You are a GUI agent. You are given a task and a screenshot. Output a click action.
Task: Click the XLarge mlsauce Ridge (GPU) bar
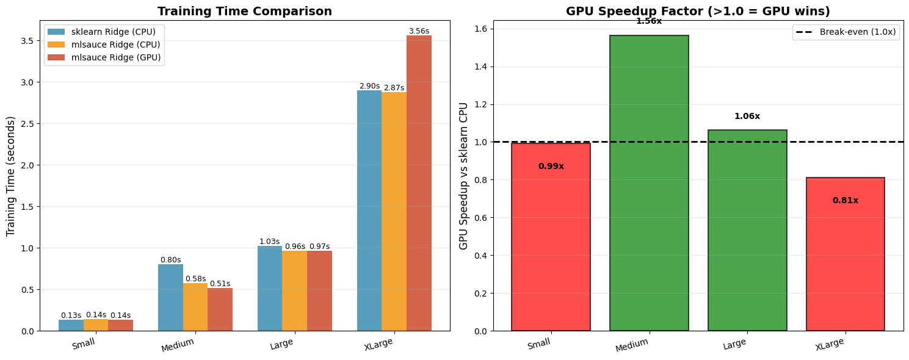[419, 183]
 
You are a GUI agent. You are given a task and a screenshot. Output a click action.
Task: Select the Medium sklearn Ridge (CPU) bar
[170, 298]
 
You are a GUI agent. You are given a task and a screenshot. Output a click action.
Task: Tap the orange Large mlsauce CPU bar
[294, 291]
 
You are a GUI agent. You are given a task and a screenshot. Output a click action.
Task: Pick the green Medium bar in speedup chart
[649, 183]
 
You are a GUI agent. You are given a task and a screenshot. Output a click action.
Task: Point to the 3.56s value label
[419, 31]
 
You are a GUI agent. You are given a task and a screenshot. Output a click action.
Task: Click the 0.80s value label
[170, 260]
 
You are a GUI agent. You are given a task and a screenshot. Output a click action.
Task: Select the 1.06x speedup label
[747, 117]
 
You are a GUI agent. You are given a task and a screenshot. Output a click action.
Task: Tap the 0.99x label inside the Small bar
[551, 167]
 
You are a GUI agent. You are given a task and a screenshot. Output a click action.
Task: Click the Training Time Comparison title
[245, 12]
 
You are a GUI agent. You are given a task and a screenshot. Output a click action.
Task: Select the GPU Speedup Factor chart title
[698, 12]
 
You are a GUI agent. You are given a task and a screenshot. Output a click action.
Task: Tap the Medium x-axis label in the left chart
[178, 345]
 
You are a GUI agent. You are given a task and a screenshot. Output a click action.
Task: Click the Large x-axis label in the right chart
[734, 345]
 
